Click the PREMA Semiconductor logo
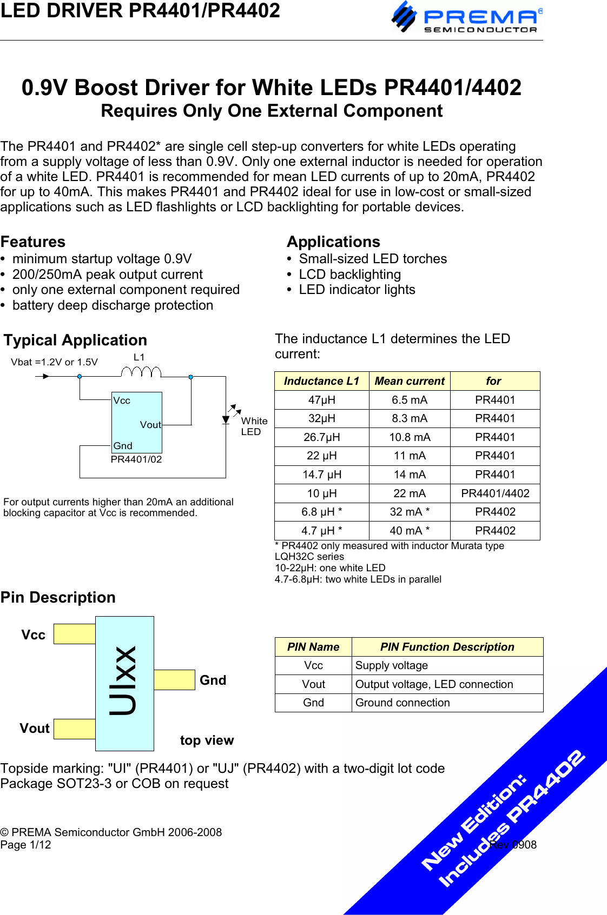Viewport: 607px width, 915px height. [x=466, y=18]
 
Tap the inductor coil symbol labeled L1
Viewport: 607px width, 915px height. [x=141, y=371]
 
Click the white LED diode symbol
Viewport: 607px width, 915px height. [x=226, y=419]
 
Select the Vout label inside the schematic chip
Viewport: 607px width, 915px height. [x=150, y=425]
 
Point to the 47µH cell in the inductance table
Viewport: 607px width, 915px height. [x=321, y=400]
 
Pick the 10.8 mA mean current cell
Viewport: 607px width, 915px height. [x=410, y=437]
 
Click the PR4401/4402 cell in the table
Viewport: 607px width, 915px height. [x=495, y=493]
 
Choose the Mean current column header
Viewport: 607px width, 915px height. [x=410, y=381]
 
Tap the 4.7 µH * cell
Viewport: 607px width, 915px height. [x=321, y=531]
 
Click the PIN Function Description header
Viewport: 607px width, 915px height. [x=447, y=647]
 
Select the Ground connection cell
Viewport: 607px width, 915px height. [x=403, y=703]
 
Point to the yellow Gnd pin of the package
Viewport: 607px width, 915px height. [x=174, y=680]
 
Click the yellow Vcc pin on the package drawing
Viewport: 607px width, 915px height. [x=75, y=634]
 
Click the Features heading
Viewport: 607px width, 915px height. [x=33, y=242]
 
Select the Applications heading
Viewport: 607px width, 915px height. [x=333, y=242]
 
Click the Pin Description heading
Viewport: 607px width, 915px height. [x=58, y=597]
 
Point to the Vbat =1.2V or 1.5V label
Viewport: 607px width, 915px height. [x=54, y=362]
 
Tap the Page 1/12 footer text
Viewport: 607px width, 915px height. [x=25, y=845]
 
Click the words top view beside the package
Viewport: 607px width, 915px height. [x=207, y=740]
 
